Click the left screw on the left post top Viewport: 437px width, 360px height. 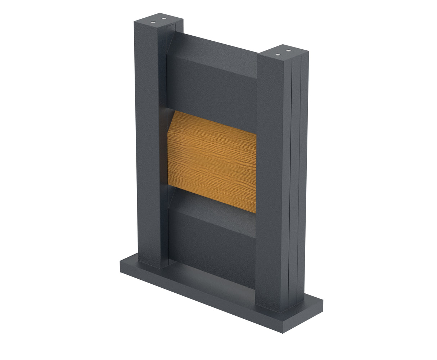[x=154, y=22]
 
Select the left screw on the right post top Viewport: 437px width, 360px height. [x=278, y=54]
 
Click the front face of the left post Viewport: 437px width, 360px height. [x=148, y=144]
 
